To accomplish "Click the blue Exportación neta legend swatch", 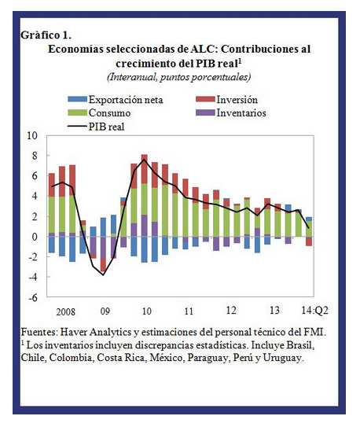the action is coord(77,99).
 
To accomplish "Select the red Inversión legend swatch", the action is coord(205,99).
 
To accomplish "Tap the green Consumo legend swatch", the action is coord(77,112).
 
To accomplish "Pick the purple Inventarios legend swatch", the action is coord(205,112).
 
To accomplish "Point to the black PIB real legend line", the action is coord(77,126).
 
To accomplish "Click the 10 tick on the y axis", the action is coord(32,135).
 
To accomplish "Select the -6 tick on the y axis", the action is coord(33,297).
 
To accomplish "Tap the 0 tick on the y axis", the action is coord(35,237).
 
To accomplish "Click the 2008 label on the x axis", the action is coord(65,311).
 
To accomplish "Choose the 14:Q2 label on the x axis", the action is coord(315,311).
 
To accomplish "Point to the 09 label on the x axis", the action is coord(105,311).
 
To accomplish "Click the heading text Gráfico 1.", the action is coord(46,35).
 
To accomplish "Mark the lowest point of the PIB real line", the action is coord(104,274).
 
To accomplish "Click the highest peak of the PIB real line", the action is coord(144,160).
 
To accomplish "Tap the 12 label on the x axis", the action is coord(231,311).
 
